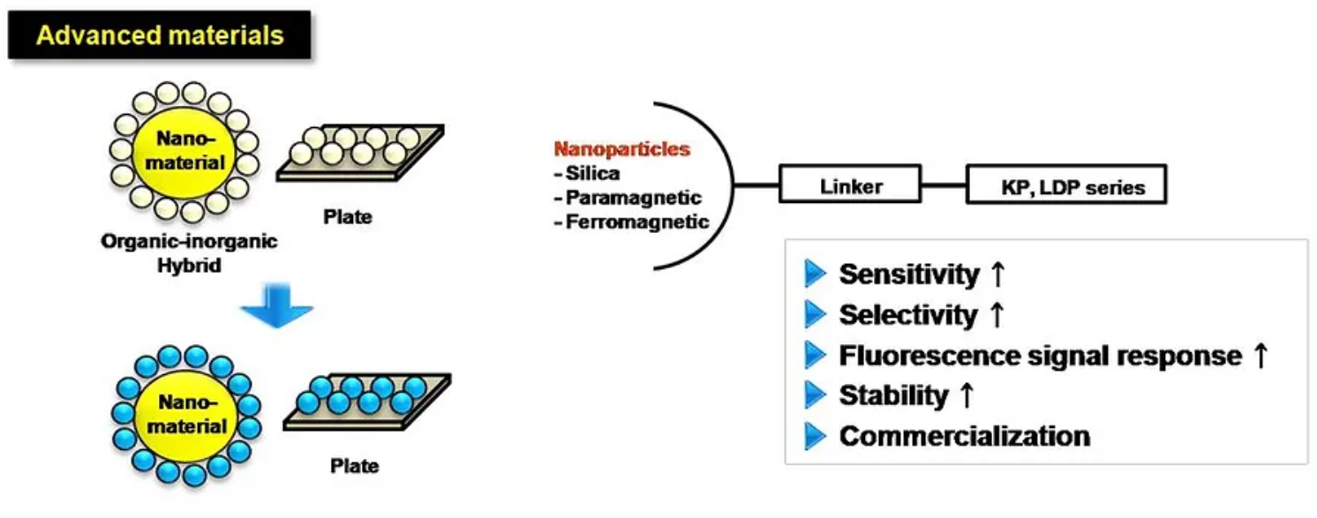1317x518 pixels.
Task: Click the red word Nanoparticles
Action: [621, 150]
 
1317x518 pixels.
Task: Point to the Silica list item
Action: [590, 174]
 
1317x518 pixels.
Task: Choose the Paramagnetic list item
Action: [628, 198]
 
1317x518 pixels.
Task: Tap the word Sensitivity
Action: [908, 274]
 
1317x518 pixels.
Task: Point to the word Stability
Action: [892, 395]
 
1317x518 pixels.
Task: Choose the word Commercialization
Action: [964, 436]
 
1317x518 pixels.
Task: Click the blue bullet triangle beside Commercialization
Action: [815, 436]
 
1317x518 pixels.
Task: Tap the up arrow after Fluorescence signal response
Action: [1261, 356]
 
